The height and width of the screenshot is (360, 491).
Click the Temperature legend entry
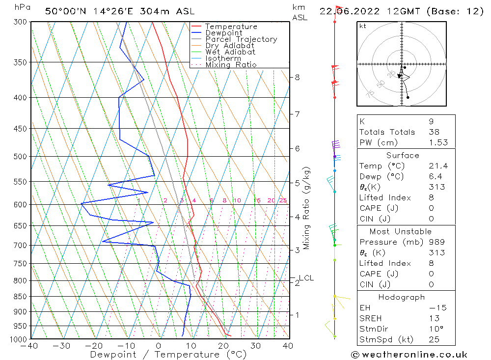231,27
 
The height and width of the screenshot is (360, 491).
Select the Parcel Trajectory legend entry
241,39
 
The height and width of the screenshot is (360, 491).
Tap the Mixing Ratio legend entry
231,64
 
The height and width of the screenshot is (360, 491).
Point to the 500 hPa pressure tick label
20,157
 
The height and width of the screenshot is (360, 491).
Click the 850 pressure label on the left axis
20,297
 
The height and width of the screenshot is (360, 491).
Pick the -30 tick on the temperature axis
61,346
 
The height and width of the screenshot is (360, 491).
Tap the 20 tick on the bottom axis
223,346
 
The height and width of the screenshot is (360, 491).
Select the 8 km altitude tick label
298,77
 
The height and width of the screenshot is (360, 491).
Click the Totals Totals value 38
434,132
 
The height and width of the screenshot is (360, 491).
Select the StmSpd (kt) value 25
434,339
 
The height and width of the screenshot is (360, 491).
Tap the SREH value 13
434,318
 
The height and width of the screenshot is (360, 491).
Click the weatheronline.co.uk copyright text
409,355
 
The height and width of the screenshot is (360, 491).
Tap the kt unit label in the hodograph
363,26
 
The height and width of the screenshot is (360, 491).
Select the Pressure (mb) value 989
436,242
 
